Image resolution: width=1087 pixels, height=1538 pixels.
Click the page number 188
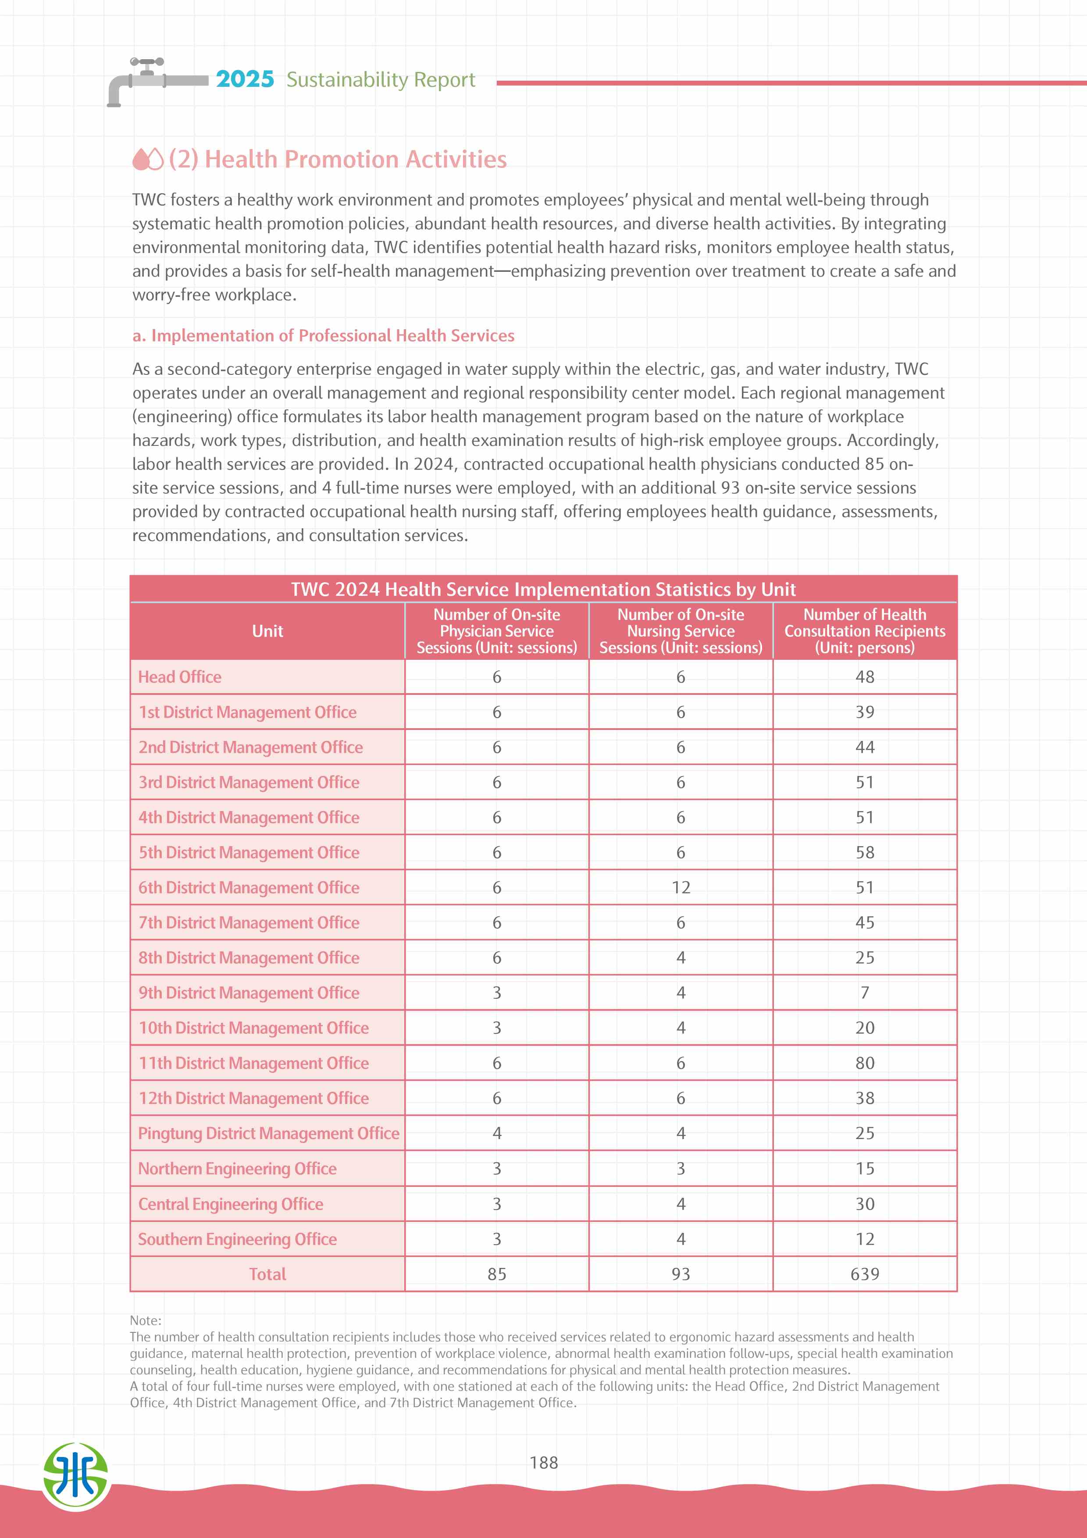click(x=543, y=1462)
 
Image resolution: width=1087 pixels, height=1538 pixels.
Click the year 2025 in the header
click(x=245, y=79)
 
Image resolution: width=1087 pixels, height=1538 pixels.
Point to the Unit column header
click(x=267, y=631)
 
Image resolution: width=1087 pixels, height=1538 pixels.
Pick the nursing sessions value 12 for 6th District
click(x=681, y=887)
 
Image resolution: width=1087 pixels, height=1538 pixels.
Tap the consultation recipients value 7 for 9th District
click(x=865, y=992)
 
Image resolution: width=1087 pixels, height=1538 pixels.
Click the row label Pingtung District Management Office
click(x=268, y=1133)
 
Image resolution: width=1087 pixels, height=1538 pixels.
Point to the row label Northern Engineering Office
click(x=237, y=1168)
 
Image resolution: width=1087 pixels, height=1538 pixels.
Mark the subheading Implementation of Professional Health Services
click(x=324, y=335)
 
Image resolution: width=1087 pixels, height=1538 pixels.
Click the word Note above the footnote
click(x=145, y=1320)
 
